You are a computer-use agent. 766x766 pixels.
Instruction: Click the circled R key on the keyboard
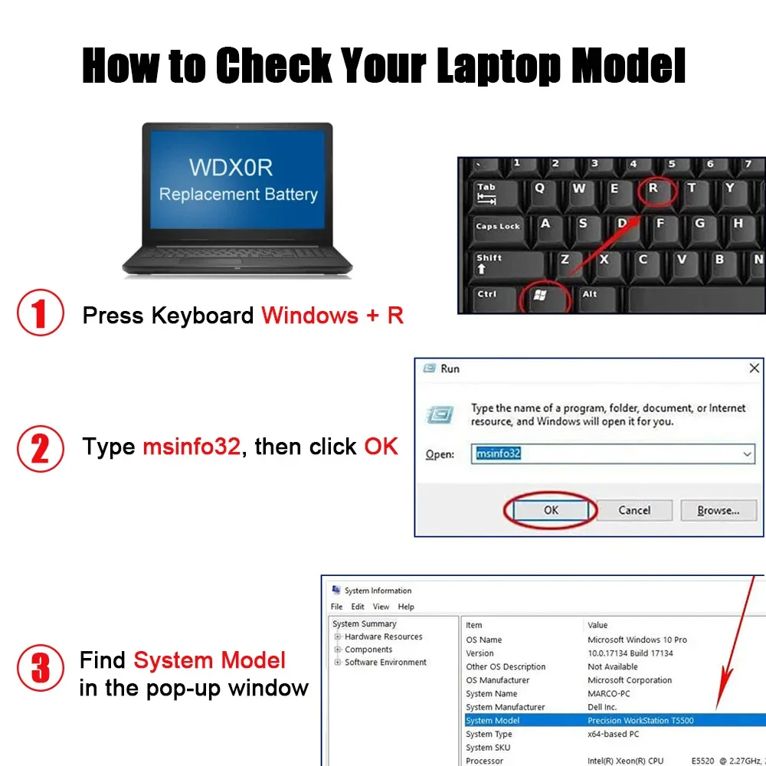click(x=653, y=191)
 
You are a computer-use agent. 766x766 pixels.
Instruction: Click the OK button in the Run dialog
click(x=551, y=510)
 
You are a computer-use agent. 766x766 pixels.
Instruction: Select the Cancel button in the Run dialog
click(x=634, y=510)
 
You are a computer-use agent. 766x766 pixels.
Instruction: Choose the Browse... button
click(x=719, y=510)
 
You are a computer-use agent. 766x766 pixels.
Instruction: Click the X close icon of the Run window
click(x=754, y=368)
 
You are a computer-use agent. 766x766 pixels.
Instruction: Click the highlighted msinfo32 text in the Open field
click(x=499, y=453)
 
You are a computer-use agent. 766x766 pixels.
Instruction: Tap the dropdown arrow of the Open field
click(x=747, y=453)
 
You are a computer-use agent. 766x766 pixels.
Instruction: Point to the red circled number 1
click(x=41, y=313)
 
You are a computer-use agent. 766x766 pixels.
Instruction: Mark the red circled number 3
click(x=41, y=668)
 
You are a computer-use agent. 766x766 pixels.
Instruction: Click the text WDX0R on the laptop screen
click(x=231, y=167)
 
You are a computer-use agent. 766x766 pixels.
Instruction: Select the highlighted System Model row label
click(x=493, y=720)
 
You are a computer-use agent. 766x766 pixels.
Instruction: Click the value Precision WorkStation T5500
click(x=640, y=720)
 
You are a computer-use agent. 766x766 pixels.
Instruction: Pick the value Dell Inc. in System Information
click(x=602, y=707)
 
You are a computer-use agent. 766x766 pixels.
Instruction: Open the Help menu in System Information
click(x=406, y=606)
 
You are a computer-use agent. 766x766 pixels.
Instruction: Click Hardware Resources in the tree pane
click(x=384, y=637)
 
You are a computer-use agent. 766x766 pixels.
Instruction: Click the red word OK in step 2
click(x=381, y=446)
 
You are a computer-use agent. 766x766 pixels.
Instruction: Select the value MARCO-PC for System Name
click(x=609, y=693)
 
